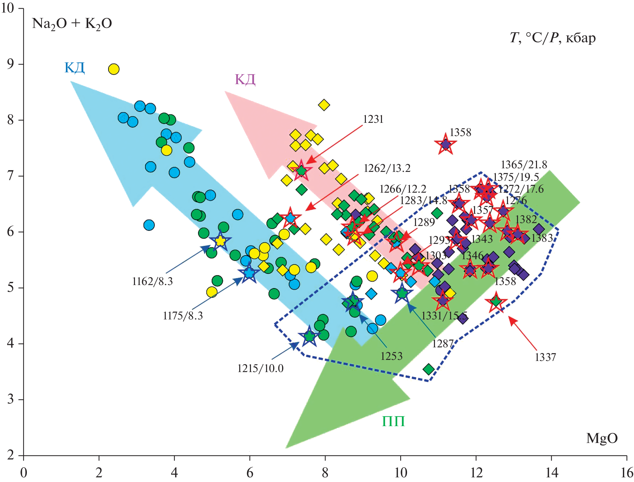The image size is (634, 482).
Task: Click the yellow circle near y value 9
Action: [x=113, y=69]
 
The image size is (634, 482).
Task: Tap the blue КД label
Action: [x=74, y=68]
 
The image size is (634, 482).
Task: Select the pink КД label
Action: [x=245, y=79]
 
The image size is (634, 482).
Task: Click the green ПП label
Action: [x=393, y=421]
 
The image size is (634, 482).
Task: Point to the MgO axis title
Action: [x=602, y=438]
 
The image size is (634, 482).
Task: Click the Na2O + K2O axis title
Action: [x=72, y=24]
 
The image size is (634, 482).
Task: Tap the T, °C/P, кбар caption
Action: [x=553, y=38]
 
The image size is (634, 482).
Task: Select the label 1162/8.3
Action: [x=152, y=281]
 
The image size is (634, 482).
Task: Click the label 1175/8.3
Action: [x=183, y=316]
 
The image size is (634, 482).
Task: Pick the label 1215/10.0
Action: [x=260, y=368]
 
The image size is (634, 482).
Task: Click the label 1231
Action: [x=373, y=119]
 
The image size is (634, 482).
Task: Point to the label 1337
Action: [x=545, y=357]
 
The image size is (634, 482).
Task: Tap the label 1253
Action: [x=391, y=356]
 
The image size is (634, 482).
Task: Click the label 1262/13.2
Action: [x=387, y=168]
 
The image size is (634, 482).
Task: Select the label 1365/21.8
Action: [x=524, y=165]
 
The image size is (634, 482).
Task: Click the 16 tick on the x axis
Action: [x=627, y=473]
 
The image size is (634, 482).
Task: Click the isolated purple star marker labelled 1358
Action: [x=445, y=145]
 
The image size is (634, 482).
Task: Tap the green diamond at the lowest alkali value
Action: [x=429, y=369]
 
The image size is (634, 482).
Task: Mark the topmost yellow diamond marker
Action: [x=324, y=105]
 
